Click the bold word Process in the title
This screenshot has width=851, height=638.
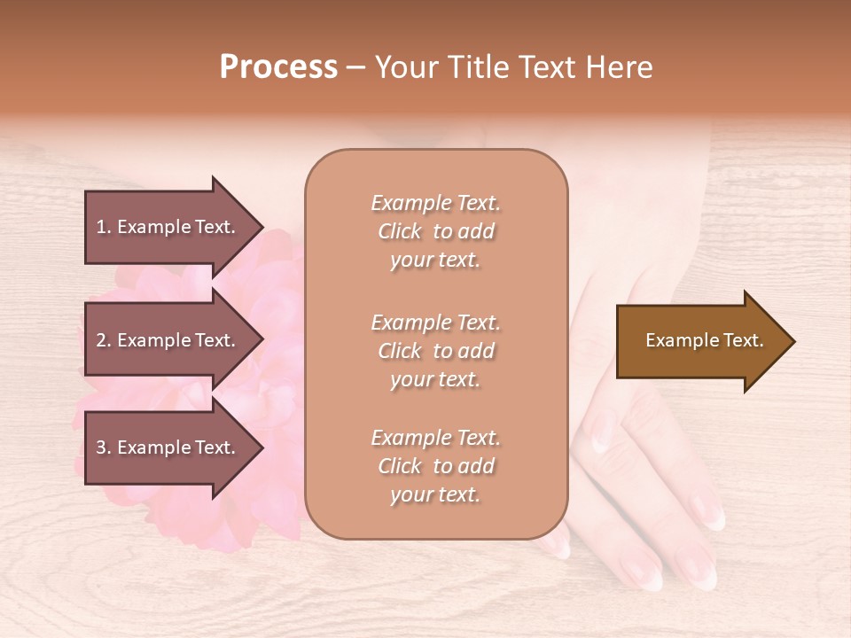coord(278,67)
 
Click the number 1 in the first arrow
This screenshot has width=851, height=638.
coord(101,227)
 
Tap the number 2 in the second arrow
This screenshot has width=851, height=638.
coord(101,340)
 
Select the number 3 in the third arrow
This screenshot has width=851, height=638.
coord(101,447)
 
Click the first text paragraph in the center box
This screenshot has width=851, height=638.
coord(435,231)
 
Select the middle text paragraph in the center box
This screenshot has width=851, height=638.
coord(435,351)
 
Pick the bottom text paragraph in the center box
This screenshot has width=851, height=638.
coord(435,466)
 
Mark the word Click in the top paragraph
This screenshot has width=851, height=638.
coord(400,232)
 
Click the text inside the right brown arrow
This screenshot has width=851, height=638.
coord(704,340)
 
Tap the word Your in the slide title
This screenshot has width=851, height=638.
coord(404,67)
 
